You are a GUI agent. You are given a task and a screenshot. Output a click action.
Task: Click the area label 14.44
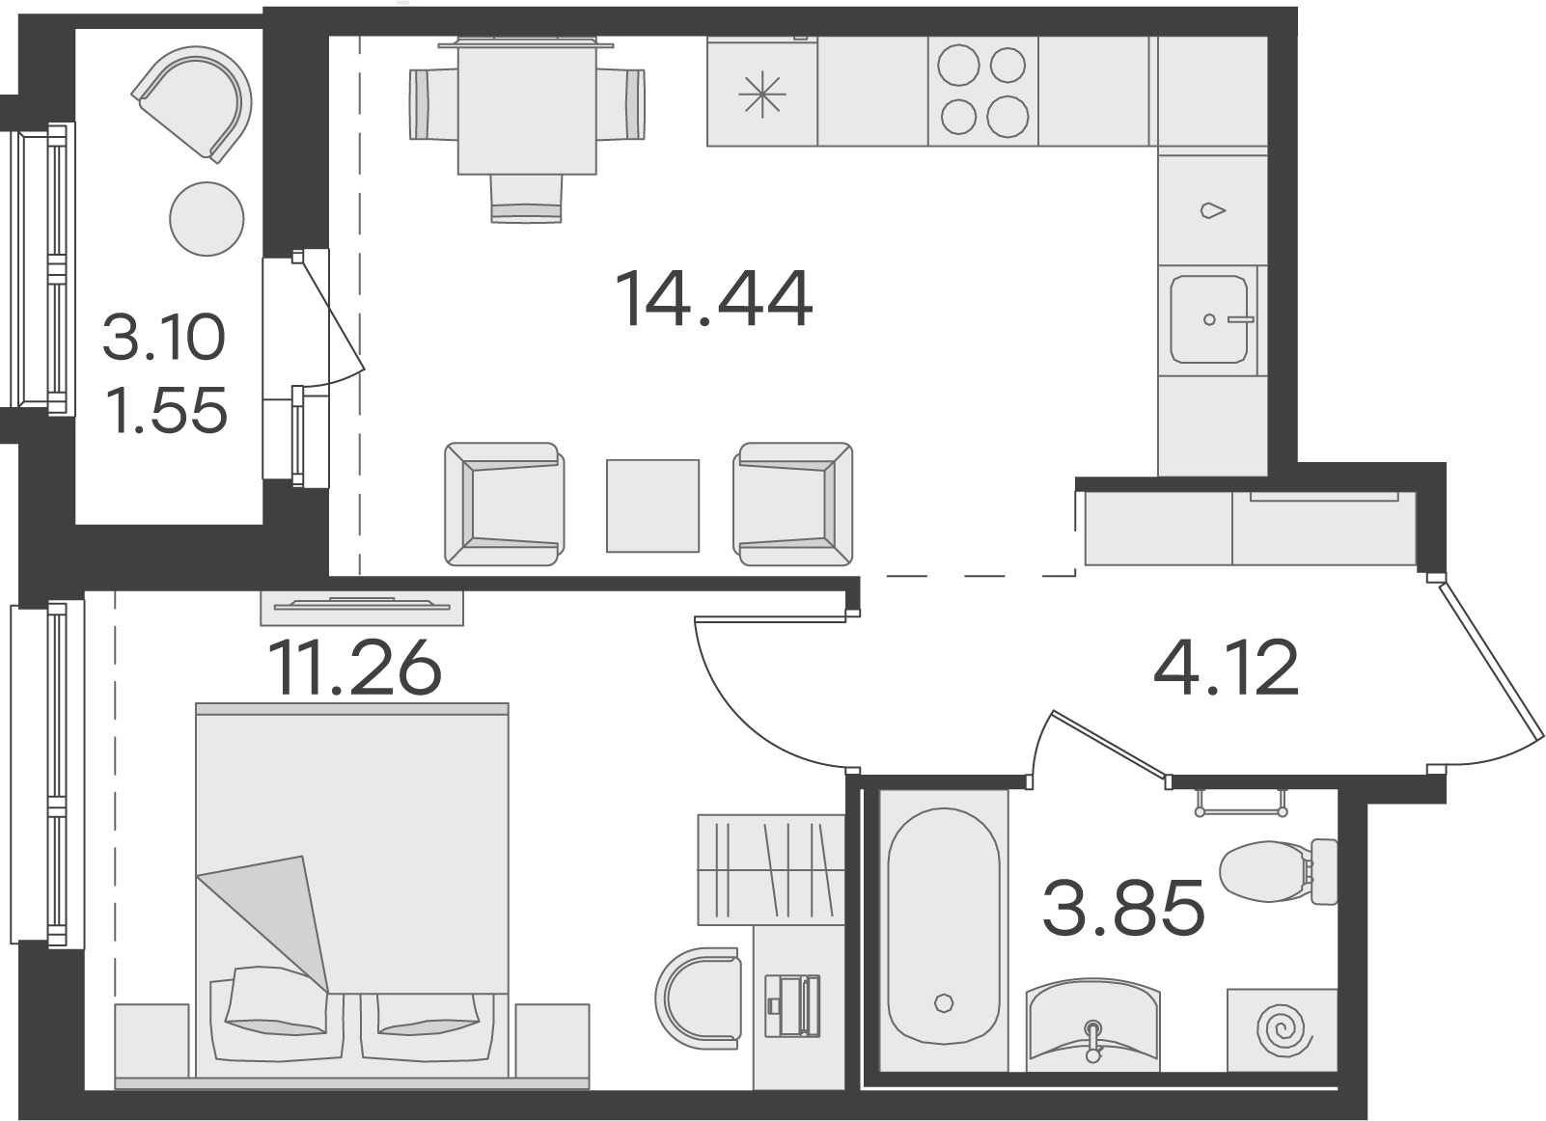713,298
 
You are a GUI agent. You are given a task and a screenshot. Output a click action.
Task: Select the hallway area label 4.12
1226,667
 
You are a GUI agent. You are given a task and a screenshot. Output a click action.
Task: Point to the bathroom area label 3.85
1123,908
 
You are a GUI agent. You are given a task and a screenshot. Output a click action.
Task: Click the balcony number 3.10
164,337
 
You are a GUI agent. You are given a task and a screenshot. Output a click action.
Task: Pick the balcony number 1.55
167,410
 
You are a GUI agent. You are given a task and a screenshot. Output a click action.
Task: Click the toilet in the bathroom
1279,872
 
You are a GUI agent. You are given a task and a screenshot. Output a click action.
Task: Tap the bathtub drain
943,1002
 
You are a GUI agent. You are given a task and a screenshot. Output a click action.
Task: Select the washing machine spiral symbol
1283,1032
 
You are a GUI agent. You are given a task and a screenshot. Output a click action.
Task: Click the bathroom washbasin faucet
1092,1041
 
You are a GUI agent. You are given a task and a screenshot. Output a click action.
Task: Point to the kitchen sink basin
1209,319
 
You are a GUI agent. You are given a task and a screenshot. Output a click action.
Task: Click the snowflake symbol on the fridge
762,95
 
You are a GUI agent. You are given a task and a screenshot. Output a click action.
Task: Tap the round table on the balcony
207,219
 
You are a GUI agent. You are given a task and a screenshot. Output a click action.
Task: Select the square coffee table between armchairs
653,506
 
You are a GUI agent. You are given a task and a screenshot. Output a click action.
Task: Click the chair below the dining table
527,199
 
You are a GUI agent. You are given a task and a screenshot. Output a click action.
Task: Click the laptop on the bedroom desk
792,1005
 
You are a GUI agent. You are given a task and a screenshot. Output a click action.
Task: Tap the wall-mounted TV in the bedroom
362,607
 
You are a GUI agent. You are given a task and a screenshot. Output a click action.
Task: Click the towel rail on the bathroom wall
1242,803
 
